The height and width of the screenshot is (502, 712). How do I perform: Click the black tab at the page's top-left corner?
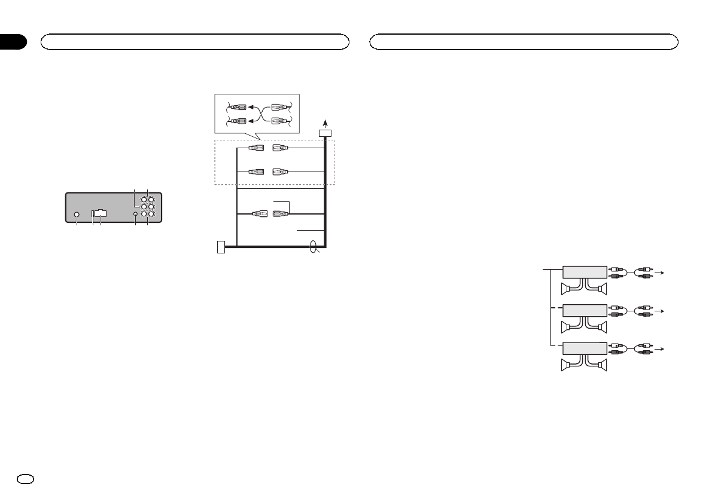(x=13, y=42)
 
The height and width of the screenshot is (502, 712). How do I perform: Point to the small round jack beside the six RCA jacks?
(x=136, y=214)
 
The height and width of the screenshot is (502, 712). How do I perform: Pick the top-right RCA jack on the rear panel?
(x=152, y=200)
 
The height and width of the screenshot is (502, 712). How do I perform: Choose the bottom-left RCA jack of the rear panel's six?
(x=144, y=214)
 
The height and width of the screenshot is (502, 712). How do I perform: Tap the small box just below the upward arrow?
(x=325, y=133)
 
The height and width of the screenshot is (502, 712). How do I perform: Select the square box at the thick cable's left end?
(x=221, y=246)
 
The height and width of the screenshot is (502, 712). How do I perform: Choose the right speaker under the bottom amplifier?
(x=601, y=364)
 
